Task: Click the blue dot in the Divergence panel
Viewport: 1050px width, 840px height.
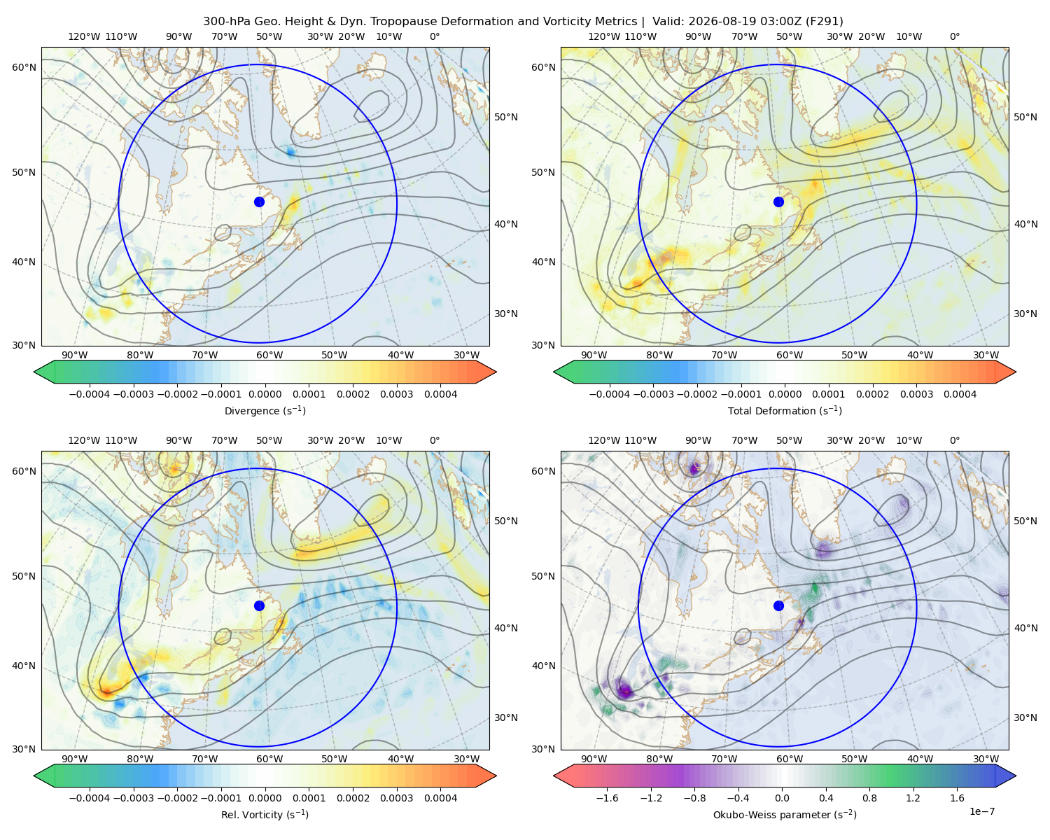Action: tap(259, 202)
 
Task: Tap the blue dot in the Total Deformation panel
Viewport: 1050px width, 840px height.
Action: tap(778, 202)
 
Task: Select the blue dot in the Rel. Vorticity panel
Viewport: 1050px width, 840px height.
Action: tap(259, 605)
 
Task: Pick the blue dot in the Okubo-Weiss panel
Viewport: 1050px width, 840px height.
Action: tap(778, 605)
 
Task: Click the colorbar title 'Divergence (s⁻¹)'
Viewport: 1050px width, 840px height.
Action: tap(265, 410)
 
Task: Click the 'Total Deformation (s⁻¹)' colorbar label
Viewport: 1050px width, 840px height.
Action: tap(785, 410)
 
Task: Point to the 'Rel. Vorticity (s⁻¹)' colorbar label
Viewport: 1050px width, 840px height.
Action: tap(265, 814)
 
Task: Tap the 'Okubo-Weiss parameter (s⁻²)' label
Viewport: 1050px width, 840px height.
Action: tap(785, 814)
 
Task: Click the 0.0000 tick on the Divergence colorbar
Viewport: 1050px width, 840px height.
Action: tap(265, 394)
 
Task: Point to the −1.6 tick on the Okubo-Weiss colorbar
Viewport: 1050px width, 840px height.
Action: tap(607, 798)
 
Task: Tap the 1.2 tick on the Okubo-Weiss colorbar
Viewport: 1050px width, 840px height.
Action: tap(913, 798)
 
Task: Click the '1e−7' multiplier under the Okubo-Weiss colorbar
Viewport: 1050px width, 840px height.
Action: tap(981, 811)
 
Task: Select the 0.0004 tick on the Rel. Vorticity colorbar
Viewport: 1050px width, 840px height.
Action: tap(440, 798)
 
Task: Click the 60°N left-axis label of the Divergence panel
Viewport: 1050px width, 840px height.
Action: tap(24, 67)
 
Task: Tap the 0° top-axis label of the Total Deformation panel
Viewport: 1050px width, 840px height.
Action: tap(954, 36)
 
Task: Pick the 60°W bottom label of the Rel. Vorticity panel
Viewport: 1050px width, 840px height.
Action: tap(269, 759)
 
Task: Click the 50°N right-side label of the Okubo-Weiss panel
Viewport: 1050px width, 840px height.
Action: tap(1025, 521)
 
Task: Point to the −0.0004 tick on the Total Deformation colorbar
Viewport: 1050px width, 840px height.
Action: tap(610, 394)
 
